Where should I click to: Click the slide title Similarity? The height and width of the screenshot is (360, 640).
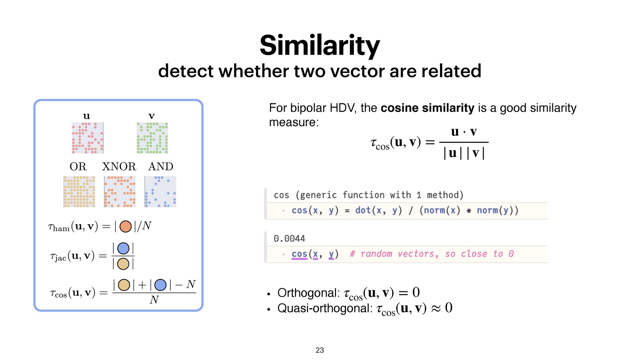(x=320, y=46)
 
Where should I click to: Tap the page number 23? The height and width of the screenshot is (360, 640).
(x=320, y=350)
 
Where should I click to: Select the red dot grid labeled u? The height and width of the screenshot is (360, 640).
(x=87, y=138)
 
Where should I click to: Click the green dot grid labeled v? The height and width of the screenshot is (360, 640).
(x=152, y=138)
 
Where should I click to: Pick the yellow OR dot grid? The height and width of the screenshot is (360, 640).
(x=79, y=192)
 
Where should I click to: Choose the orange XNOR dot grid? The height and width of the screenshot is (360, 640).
(x=120, y=192)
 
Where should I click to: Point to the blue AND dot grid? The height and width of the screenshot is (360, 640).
(x=160, y=192)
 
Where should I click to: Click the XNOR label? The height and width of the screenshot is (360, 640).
(x=119, y=166)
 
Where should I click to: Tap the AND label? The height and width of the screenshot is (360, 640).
(x=161, y=166)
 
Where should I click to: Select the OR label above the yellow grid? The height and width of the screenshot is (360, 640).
(x=78, y=166)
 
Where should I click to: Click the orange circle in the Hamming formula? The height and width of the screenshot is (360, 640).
(x=126, y=226)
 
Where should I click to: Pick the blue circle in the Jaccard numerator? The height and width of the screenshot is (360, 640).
(x=123, y=248)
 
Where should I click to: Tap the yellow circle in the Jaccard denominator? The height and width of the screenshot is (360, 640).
(x=123, y=264)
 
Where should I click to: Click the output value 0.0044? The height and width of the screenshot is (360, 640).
(x=289, y=239)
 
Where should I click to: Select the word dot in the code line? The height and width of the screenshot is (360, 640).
(x=363, y=210)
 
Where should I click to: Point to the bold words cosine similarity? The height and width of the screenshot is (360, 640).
(x=427, y=108)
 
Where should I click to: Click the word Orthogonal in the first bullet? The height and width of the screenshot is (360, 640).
(x=308, y=293)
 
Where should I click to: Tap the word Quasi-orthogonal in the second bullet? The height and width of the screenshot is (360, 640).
(x=325, y=308)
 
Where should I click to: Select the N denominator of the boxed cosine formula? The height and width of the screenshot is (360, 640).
(x=154, y=300)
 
